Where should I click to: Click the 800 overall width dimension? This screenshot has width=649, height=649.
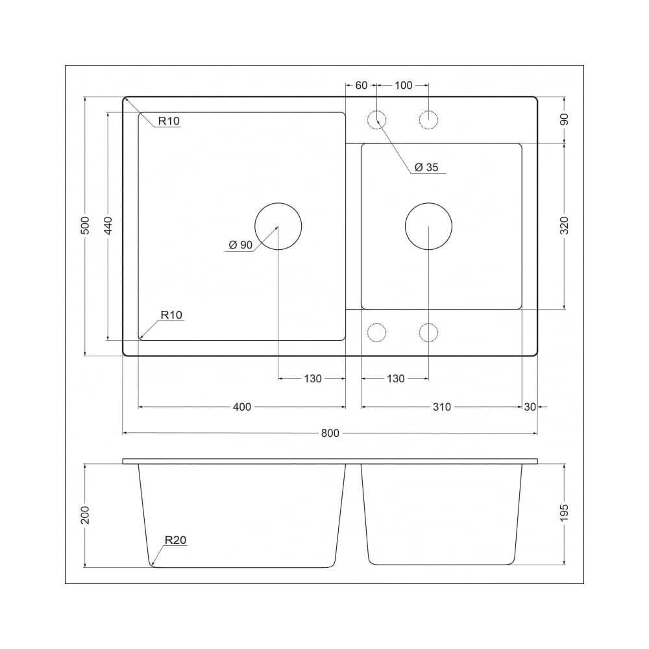tap(330, 433)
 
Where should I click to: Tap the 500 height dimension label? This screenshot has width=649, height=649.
tap(85, 226)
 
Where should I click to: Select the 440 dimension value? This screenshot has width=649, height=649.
tap(108, 226)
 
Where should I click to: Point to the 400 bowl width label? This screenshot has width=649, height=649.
tap(241, 407)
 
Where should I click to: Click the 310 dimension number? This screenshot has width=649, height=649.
tap(441, 407)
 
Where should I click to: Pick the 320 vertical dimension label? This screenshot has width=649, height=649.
tap(564, 226)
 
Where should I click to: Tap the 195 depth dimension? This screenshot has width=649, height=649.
tap(564, 513)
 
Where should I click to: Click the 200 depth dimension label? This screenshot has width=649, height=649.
tap(85, 515)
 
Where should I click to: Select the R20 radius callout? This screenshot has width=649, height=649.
tap(175, 540)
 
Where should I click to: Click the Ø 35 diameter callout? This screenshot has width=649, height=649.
tap(426, 167)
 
